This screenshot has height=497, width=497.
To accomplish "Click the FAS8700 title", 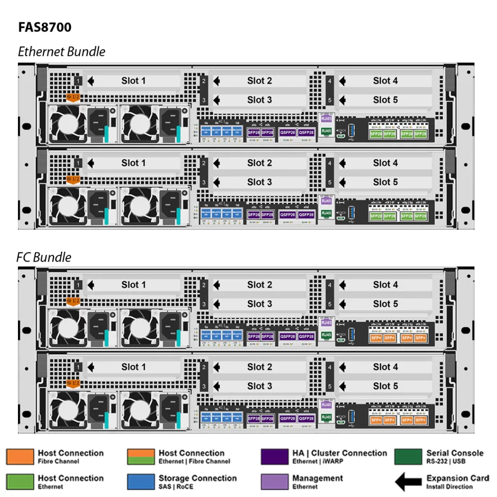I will tap(45, 27).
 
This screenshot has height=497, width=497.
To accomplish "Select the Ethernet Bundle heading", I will tap(61, 51).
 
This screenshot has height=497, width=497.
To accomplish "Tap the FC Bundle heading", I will tap(44, 257).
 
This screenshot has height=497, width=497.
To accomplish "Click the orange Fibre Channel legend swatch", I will tap(20, 457).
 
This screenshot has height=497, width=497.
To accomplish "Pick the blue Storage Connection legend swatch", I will tap(141, 481).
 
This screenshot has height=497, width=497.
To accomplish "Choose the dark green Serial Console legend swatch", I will tap(408, 457).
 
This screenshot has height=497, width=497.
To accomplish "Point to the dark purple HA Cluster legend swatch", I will tap(275, 457).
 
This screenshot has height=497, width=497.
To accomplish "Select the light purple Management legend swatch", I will tap(275, 481).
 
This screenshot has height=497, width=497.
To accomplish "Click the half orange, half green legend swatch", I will tap(141, 457).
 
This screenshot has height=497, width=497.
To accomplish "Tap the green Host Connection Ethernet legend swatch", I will tap(20, 481).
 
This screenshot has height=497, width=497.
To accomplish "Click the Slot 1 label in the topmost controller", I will tap(133, 81).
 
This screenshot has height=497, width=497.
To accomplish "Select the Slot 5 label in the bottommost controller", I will tap(385, 386).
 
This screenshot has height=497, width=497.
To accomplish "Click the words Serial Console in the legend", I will tap(455, 453).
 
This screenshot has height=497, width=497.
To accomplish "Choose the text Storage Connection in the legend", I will tap(198, 478).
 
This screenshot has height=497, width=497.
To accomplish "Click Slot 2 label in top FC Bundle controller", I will tap(259, 285).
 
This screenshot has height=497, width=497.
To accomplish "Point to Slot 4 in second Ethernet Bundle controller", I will tap(385, 163).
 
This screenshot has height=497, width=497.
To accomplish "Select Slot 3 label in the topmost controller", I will tap(259, 100).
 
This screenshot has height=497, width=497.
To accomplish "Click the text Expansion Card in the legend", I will tap(457, 478).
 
